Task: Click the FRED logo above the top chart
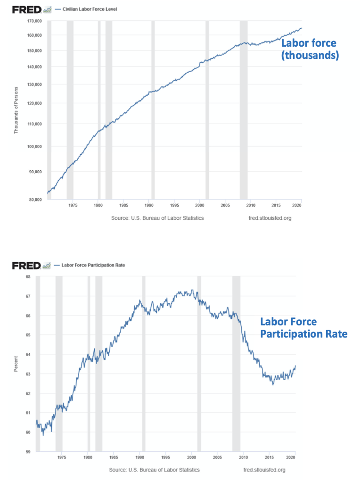click(x=27, y=9)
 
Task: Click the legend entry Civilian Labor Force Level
click(x=90, y=9)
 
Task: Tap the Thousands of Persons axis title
click(x=16, y=110)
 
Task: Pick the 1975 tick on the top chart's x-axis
click(x=73, y=206)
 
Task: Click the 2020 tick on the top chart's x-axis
click(x=296, y=206)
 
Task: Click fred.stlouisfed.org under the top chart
click(x=270, y=218)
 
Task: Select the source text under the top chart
click(x=157, y=218)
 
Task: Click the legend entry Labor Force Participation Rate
click(x=93, y=265)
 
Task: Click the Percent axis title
click(x=16, y=364)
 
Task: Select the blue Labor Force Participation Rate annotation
click(x=303, y=328)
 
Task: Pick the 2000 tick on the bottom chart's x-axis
click(x=191, y=458)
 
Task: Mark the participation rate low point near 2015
click(x=272, y=384)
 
